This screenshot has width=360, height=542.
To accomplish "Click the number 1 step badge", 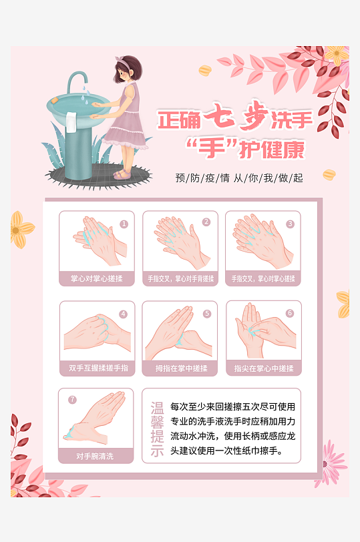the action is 124,224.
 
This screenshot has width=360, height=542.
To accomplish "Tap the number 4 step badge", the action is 123,314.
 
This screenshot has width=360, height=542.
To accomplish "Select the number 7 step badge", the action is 72,400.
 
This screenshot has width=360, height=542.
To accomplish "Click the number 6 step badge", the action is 290,313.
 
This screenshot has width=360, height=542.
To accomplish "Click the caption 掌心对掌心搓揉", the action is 97,278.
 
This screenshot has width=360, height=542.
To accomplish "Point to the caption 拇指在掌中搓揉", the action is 181,368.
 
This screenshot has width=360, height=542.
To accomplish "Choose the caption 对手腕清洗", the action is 95,457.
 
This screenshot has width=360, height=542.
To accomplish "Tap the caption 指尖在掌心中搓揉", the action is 264,368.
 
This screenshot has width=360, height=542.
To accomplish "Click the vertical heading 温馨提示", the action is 157,429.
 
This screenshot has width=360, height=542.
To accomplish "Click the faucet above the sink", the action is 76,81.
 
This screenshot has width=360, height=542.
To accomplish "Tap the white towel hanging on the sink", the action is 71,122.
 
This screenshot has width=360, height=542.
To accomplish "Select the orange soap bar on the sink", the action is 54,100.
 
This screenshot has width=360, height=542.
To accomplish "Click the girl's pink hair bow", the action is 121,61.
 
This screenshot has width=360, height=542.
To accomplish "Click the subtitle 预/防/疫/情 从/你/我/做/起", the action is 239,178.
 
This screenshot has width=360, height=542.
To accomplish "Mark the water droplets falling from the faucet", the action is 85,94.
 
